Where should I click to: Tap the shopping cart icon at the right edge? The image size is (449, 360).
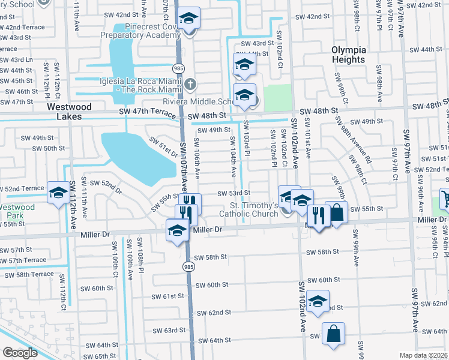click(445, 198)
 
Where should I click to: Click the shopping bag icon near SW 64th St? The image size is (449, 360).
click(333, 334)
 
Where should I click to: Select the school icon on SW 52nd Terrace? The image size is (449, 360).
click(58, 193)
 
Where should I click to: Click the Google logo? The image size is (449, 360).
click(20, 353)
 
